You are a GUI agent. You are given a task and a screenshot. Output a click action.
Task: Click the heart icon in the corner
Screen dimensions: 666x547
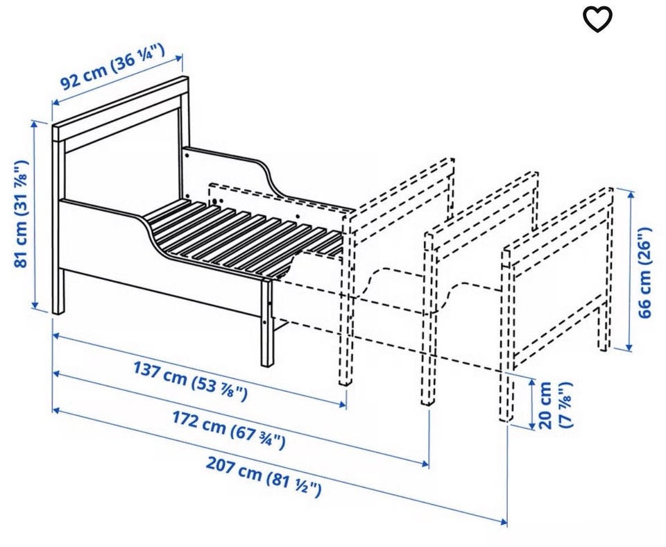coord(597,19)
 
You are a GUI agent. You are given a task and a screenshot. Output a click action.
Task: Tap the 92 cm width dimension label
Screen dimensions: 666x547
coord(113,67)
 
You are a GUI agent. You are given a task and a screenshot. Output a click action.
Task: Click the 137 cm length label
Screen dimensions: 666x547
coord(190,380)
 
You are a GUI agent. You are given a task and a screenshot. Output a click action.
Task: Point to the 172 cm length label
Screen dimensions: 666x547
coord(228,430)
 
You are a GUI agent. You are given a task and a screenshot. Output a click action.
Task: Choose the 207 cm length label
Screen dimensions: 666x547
coord(264,476)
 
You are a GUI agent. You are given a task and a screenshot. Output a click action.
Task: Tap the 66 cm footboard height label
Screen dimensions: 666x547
coord(644,273)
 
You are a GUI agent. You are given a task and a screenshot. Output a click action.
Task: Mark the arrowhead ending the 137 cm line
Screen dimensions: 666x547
coord(343,403)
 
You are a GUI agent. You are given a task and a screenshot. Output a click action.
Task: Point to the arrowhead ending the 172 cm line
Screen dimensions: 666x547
coord(425,463)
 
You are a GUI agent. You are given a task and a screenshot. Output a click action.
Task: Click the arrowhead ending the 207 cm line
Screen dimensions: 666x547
coord(504,521)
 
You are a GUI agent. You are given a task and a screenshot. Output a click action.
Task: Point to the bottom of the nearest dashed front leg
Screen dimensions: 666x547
coord(345,382)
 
